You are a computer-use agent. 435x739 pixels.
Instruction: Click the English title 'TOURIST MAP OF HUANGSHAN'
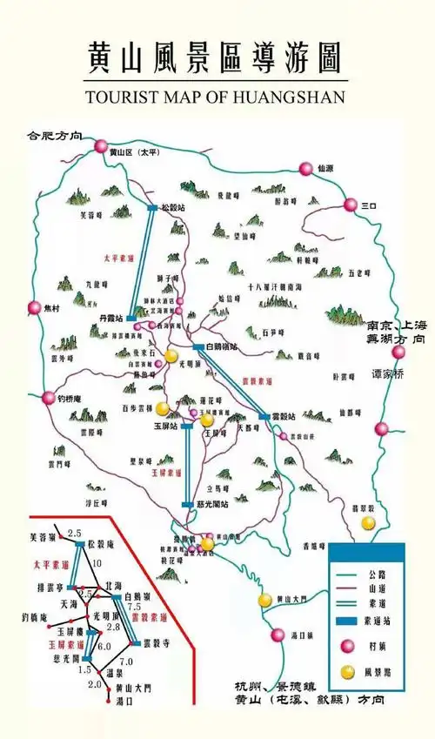click(x=216, y=96)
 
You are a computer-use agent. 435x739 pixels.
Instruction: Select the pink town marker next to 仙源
click(x=305, y=169)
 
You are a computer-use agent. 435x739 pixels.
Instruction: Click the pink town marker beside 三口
click(x=350, y=205)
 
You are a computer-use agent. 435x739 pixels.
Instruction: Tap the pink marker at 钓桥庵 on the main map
click(x=49, y=398)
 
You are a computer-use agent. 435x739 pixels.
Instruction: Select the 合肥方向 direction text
click(x=54, y=136)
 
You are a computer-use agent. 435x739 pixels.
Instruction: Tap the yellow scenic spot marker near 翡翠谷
click(x=369, y=522)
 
